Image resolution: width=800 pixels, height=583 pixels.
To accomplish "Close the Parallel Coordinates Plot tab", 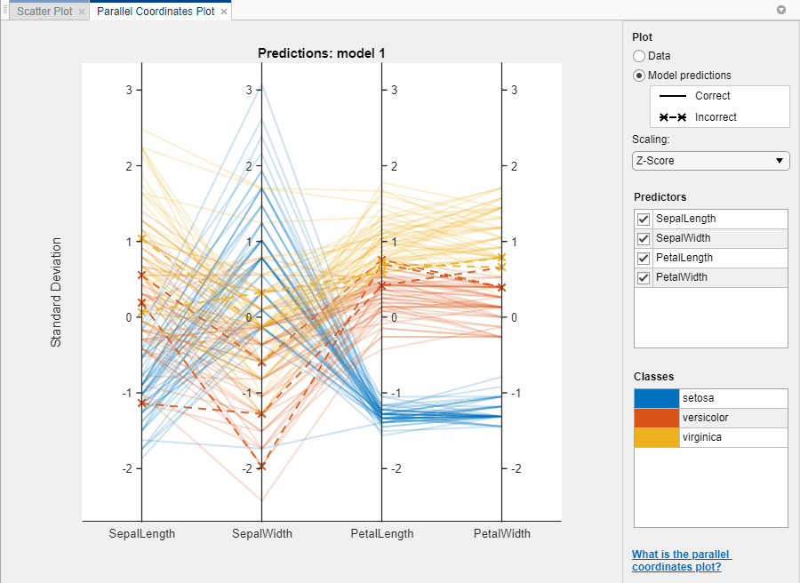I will coord(223,12).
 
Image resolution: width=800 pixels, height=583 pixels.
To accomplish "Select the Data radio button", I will coord(639,56).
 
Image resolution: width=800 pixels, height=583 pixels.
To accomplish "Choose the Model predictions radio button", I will coord(639,76).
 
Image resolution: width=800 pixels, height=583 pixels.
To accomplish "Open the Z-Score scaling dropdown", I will coord(710,161).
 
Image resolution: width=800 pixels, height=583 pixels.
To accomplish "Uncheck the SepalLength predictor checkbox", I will coord(644,219).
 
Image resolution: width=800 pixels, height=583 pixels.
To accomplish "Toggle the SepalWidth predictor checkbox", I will coord(644,238).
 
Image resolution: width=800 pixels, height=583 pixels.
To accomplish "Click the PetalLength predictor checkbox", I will coord(644,258).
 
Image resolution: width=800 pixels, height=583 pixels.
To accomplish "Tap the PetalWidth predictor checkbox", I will coord(644,277).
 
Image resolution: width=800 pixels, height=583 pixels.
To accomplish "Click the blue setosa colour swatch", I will coord(656,398).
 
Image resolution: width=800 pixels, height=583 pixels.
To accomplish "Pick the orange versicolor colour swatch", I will coord(656,418).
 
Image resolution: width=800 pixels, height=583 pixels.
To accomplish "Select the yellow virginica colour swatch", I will coord(656,437).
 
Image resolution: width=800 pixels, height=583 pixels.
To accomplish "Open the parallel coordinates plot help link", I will coord(681,561).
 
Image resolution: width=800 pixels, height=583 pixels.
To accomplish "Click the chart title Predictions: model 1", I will coord(321,53).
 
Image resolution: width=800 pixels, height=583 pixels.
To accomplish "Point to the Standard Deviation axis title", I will coord(56,291).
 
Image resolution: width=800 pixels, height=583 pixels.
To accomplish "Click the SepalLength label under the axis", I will coord(142,534).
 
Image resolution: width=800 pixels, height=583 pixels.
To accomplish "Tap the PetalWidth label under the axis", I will coord(502,534).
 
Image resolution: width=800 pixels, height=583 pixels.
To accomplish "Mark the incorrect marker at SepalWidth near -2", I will coord(261,467).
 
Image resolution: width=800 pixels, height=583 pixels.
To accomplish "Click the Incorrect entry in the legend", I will coord(716,117).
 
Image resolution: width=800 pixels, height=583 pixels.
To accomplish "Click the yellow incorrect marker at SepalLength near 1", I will coord(142,238).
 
